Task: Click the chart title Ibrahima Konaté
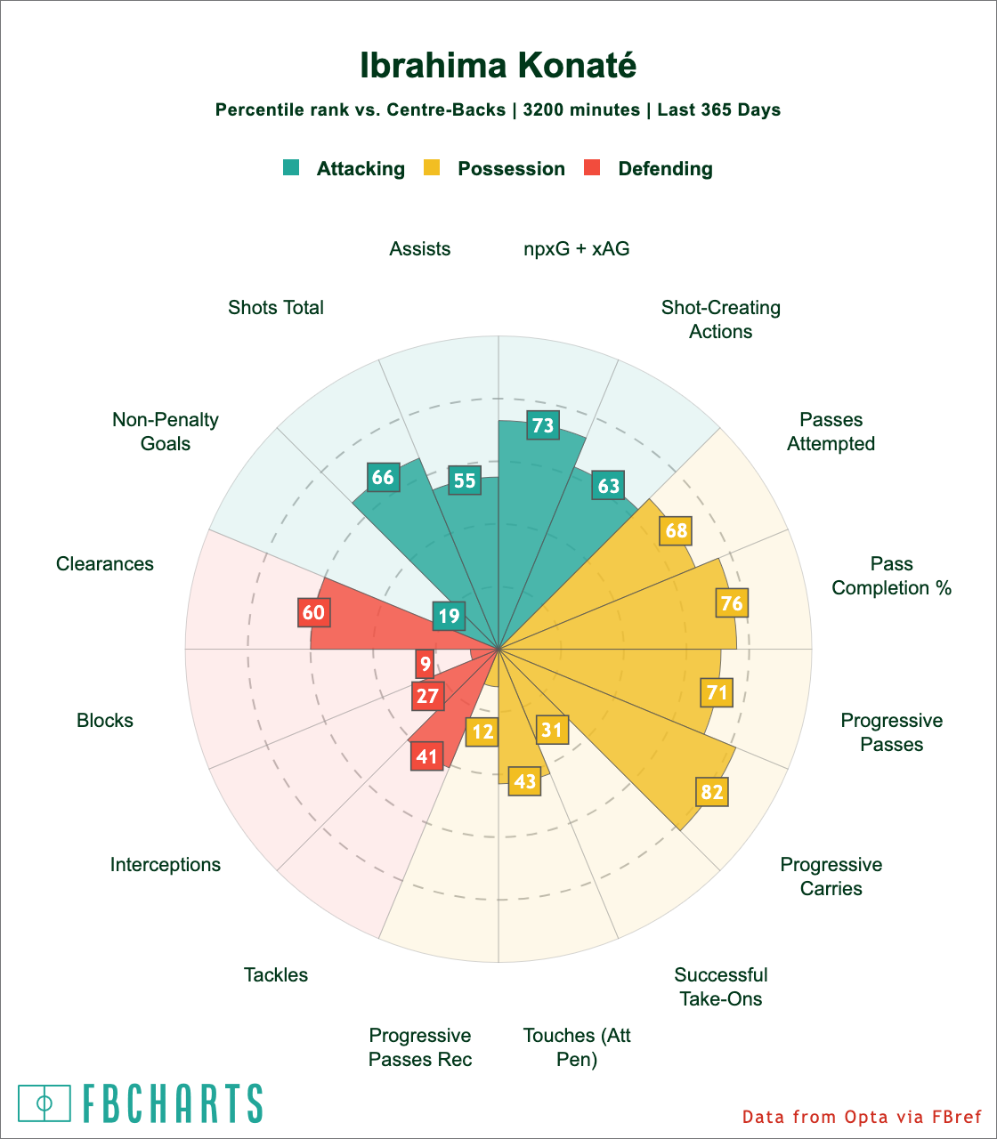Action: [x=498, y=66]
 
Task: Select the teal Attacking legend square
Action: [x=292, y=167]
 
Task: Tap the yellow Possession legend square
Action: [x=432, y=167]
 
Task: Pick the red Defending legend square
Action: [x=592, y=167]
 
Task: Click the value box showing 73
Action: [x=543, y=425]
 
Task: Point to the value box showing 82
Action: [x=712, y=791]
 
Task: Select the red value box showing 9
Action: [x=426, y=664]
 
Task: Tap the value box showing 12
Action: [x=482, y=732]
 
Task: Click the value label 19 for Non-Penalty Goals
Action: [x=450, y=616]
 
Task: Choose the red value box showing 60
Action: [x=313, y=612]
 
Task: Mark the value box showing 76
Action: [x=732, y=602]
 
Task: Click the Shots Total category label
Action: [x=276, y=308]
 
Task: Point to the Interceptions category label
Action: [x=166, y=864]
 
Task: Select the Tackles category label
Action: [x=276, y=975]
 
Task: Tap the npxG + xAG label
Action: [x=577, y=249]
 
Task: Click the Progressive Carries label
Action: [x=831, y=876]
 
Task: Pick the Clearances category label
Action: [x=105, y=564]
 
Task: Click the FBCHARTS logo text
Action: [x=174, y=1103]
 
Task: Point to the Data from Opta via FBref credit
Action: [x=862, y=1117]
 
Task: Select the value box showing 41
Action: [x=427, y=756]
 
